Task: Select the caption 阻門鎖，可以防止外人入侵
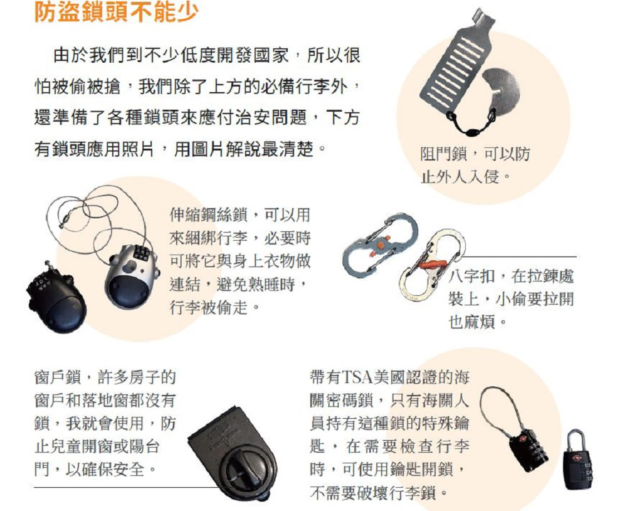[475, 165]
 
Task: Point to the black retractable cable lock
[56, 295]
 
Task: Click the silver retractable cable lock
[131, 275]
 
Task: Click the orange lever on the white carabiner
[433, 263]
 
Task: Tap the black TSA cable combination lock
[528, 449]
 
